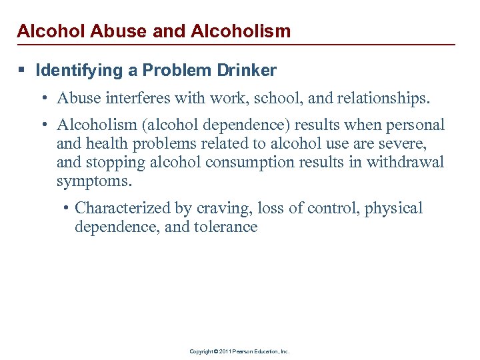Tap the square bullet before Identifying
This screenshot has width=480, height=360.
(23, 70)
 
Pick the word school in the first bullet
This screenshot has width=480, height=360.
(257, 99)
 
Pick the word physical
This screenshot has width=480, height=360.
(393, 208)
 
